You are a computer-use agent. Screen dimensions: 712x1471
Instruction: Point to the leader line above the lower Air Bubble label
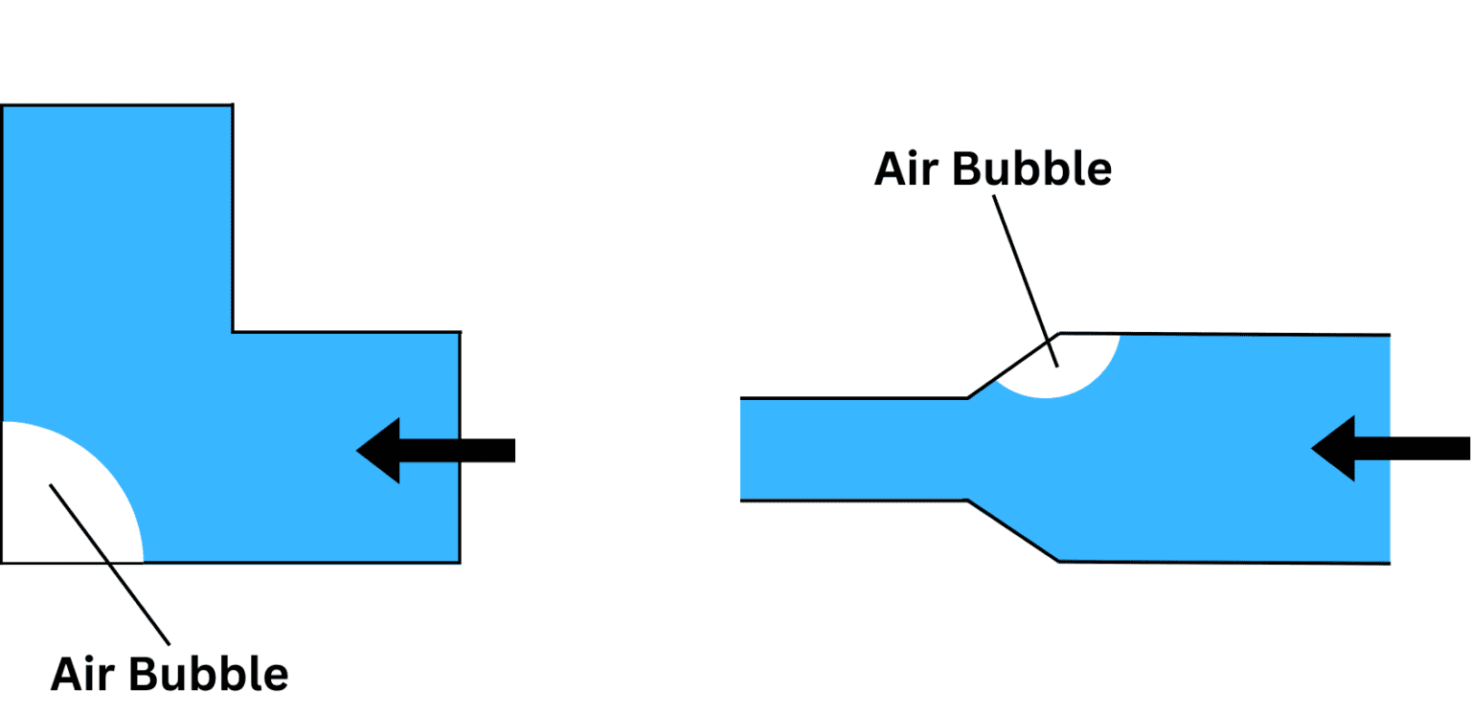(109, 565)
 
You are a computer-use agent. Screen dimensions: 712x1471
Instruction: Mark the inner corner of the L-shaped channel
(233, 332)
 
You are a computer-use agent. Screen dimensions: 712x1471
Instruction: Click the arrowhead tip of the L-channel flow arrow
(357, 450)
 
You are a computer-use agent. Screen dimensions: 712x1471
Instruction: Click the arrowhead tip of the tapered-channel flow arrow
(1312, 448)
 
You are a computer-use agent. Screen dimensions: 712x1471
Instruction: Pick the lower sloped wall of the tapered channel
(1012, 530)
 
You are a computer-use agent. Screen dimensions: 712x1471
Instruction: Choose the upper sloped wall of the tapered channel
(1012, 366)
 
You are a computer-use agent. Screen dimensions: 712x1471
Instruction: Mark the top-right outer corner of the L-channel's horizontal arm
(460, 332)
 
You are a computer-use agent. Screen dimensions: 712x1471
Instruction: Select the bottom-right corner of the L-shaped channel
(460, 562)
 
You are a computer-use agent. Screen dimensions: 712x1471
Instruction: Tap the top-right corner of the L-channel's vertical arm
(233, 105)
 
